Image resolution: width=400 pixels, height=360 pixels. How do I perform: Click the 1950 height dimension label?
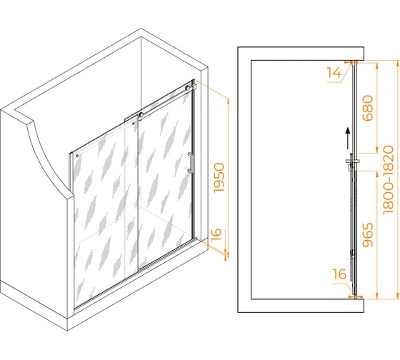[x=219, y=178]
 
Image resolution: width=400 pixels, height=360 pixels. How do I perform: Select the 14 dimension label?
[x=334, y=73]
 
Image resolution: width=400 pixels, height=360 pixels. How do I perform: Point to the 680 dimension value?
[x=368, y=108]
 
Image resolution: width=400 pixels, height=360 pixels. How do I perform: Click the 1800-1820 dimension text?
[x=389, y=179]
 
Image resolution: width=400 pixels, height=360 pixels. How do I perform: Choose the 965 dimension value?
[x=368, y=235]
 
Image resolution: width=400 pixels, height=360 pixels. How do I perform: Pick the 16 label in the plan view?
[x=339, y=274]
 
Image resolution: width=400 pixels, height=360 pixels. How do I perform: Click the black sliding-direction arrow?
[x=347, y=139]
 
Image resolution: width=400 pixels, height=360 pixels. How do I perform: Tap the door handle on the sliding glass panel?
[x=190, y=164]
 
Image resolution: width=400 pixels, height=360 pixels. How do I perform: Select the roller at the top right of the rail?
[x=188, y=89]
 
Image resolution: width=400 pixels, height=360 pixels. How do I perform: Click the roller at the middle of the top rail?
[x=141, y=115]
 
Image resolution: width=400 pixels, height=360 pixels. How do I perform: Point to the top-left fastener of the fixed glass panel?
[x=77, y=156]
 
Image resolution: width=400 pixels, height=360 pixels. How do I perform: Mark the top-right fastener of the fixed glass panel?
[x=133, y=124]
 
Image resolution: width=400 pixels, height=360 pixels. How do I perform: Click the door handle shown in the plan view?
[x=352, y=161]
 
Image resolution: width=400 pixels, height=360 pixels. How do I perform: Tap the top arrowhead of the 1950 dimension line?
[x=229, y=101]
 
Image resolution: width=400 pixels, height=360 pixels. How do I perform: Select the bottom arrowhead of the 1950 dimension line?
[x=229, y=254]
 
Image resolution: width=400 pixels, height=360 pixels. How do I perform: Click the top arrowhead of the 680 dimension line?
[x=378, y=65]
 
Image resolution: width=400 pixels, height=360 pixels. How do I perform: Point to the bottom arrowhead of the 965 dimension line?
[x=377, y=296]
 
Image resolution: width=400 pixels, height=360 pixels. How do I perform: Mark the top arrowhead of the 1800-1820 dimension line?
[x=398, y=63]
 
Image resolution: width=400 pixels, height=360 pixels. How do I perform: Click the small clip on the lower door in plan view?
[x=352, y=254]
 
